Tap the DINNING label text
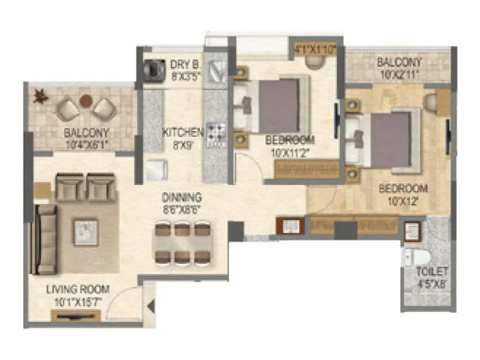pyautogui.click(x=181, y=197)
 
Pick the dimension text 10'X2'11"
pyautogui.click(x=398, y=74)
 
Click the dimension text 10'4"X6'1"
pyautogui.click(x=88, y=143)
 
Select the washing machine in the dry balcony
pyautogui.click(x=154, y=68)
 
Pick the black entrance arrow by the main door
pyautogui.click(x=151, y=307)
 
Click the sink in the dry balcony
pyautogui.click(x=215, y=71)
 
